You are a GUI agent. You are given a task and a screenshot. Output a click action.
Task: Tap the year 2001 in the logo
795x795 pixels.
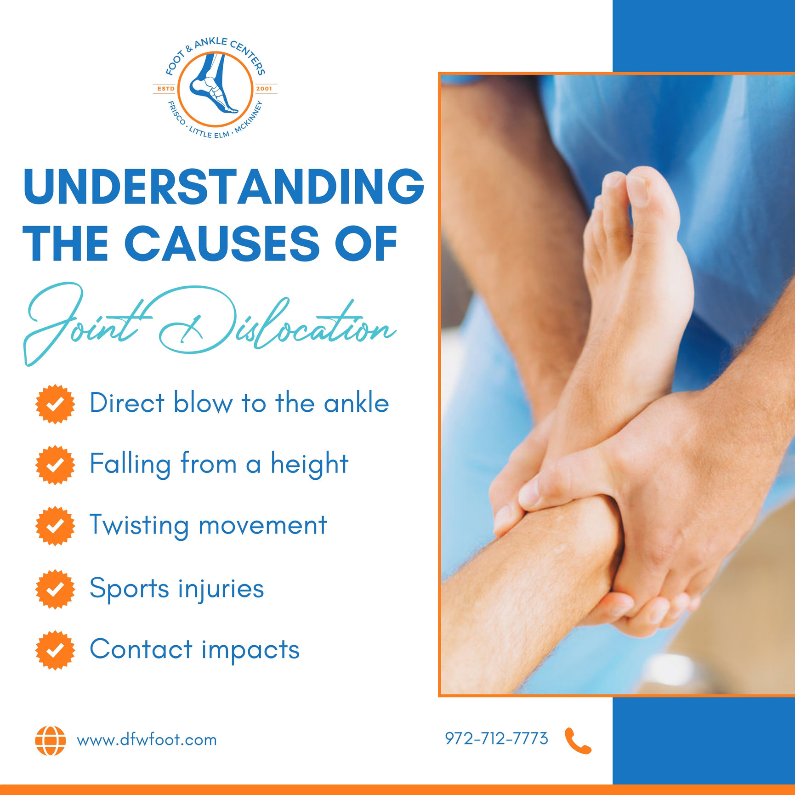pos(264,89)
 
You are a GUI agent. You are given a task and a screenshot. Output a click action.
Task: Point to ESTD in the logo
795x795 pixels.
pos(165,89)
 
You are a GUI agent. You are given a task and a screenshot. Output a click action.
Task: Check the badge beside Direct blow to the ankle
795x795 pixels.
pos(55,404)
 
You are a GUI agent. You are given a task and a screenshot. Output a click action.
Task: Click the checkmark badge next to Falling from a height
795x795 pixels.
pos(55,465)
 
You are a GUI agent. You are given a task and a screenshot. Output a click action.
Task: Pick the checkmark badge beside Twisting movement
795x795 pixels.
pos(55,526)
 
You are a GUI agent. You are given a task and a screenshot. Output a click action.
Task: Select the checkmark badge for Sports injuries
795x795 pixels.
pos(55,589)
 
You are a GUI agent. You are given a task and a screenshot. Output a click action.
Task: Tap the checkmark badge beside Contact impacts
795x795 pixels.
pos(55,650)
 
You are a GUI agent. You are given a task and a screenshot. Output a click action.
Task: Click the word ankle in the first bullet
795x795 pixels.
pos(356,403)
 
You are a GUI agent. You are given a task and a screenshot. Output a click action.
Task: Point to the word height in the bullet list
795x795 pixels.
pos(309,464)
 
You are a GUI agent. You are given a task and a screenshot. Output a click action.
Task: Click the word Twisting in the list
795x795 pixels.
pos(139,525)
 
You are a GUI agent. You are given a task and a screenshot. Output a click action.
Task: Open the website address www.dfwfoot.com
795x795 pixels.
pos(147,740)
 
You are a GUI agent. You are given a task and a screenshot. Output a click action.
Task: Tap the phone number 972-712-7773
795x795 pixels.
pos(496,738)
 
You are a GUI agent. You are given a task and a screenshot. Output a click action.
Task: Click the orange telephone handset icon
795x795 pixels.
pos(578,740)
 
